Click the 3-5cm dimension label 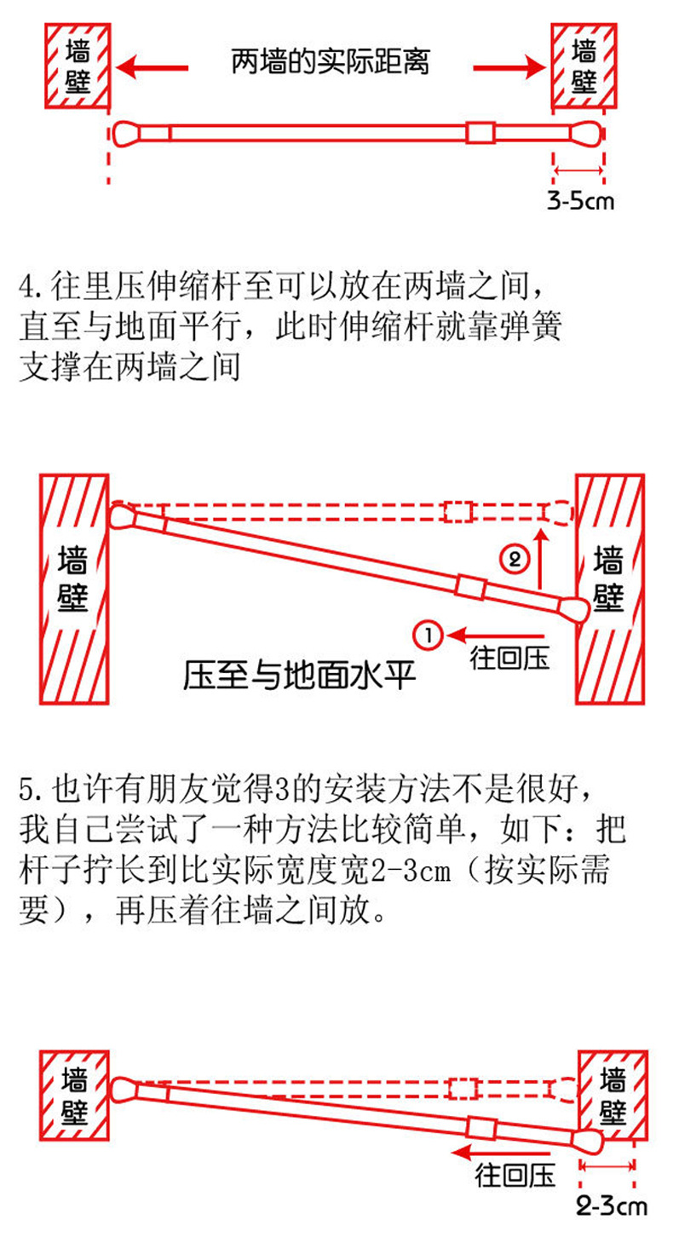pyautogui.click(x=579, y=201)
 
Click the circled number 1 pyautogui.click(x=427, y=635)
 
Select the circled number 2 pyautogui.click(x=514, y=559)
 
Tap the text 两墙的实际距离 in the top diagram pyautogui.click(x=330, y=62)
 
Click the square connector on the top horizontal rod pyautogui.click(x=480, y=133)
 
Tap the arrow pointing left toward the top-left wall pyautogui.click(x=154, y=65)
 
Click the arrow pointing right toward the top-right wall pyautogui.click(x=509, y=65)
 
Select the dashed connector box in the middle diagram pyautogui.click(x=458, y=511)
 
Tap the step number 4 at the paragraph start pyautogui.click(x=26, y=284)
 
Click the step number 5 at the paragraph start pyautogui.click(x=26, y=789)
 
